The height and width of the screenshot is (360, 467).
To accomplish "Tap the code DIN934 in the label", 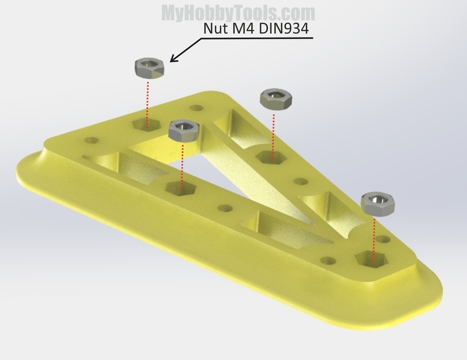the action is coord(283,29).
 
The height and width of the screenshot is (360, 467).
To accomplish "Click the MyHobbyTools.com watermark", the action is coord(238,13).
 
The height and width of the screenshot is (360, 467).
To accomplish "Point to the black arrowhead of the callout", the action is coord(173,59).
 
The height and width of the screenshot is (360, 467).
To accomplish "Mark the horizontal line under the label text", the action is coord(257,38).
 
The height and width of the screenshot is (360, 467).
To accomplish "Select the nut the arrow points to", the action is coord(149,68).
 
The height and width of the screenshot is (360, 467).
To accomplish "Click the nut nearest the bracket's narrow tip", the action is coord(378,204).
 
